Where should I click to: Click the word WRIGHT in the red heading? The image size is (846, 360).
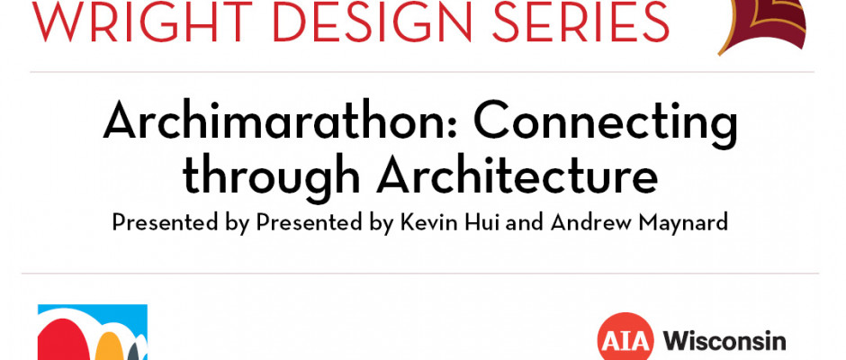[x=143, y=21]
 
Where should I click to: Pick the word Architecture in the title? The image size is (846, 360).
[x=517, y=175]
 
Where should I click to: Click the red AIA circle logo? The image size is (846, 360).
[x=625, y=339]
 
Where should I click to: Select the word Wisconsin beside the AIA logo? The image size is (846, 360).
[x=724, y=341]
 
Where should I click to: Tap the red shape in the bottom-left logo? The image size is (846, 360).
[x=60, y=340]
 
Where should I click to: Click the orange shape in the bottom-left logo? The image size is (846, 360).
[x=110, y=347]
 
